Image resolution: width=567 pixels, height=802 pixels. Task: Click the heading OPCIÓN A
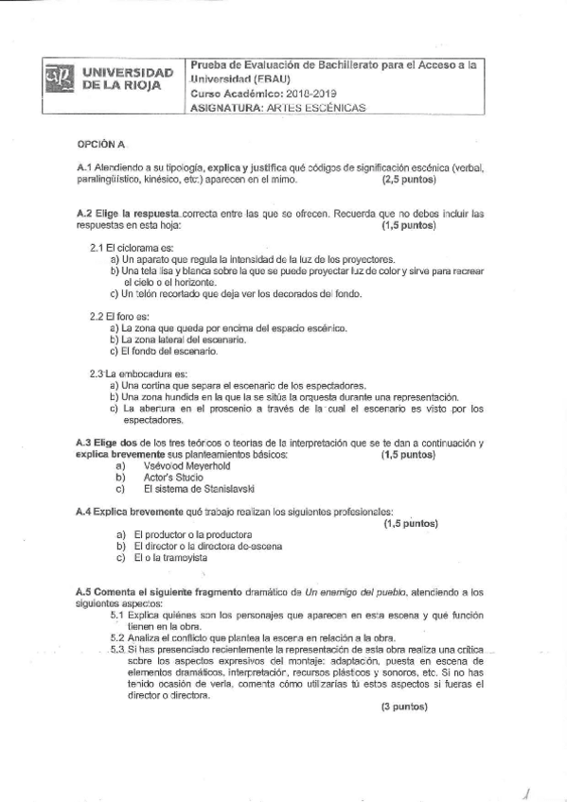(100, 144)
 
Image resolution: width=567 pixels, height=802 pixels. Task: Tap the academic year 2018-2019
(305, 94)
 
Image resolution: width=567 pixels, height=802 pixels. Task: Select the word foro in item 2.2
(129, 316)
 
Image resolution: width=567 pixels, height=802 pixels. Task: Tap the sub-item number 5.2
(117, 637)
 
